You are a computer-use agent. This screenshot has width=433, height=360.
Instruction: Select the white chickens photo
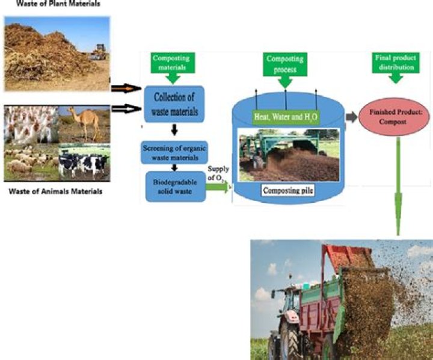point(30,125)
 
